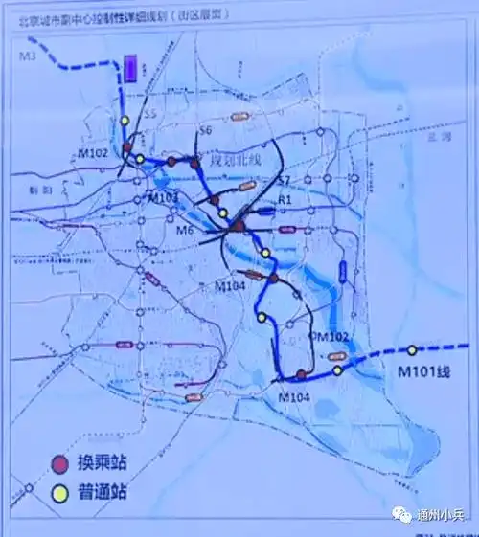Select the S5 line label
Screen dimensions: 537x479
point(148,114)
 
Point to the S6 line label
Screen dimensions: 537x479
point(203,129)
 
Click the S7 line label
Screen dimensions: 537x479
point(284,180)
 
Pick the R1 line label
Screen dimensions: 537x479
point(284,199)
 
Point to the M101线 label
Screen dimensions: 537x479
point(424,372)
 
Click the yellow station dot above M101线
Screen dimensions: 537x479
point(413,350)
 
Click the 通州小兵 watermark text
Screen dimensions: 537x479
point(441,514)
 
